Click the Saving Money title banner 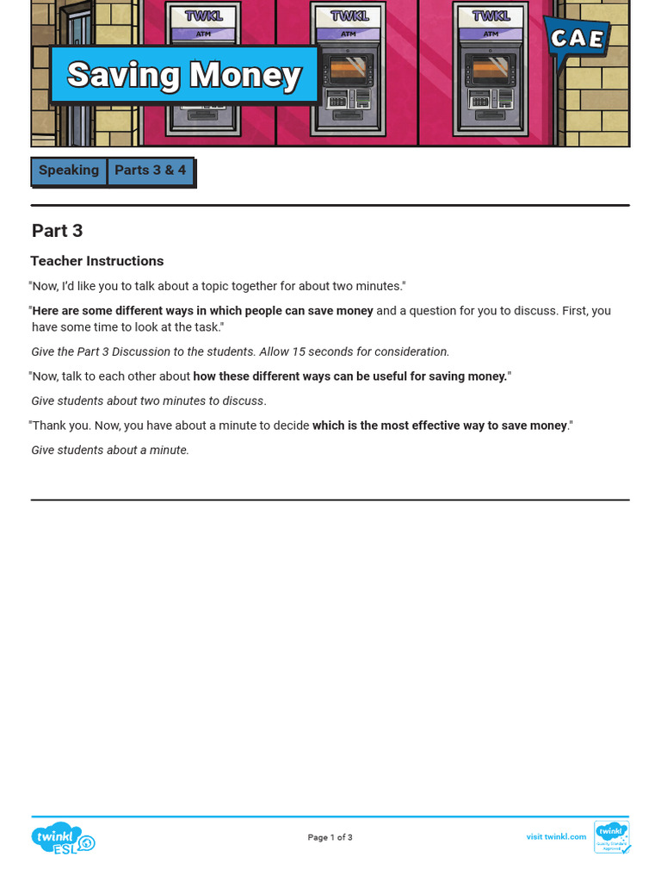click(x=184, y=75)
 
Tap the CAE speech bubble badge click(x=577, y=39)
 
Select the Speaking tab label click(x=69, y=171)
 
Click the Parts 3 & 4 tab click(x=151, y=171)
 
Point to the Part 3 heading click(x=57, y=231)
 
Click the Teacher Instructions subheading click(x=96, y=261)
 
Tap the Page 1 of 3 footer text click(x=330, y=837)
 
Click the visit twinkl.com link click(x=556, y=836)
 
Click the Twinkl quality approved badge click(x=612, y=836)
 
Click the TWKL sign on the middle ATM click(x=349, y=16)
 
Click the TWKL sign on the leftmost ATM click(x=204, y=16)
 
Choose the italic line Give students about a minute click(x=110, y=450)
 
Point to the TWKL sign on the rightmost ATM click(x=491, y=16)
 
